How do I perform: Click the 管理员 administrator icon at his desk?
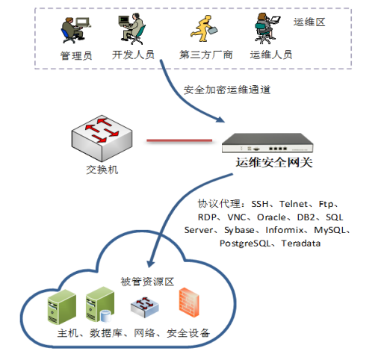(x=75, y=30)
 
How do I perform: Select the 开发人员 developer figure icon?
(x=132, y=28)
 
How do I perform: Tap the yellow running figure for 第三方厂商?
(x=204, y=28)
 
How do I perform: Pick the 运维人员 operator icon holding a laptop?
(x=267, y=28)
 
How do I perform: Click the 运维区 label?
(x=309, y=22)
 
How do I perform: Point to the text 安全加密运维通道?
(x=227, y=90)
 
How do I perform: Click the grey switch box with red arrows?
(x=102, y=138)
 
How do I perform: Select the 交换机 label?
(x=102, y=170)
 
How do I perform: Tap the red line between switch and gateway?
(x=179, y=140)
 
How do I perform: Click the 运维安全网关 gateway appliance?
(x=267, y=143)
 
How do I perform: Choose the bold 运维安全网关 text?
(x=274, y=163)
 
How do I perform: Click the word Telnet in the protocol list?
(x=294, y=204)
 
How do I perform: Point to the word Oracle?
(x=271, y=217)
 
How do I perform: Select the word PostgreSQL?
(x=245, y=243)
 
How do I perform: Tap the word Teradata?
(x=301, y=243)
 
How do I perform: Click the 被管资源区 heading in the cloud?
(x=147, y=282)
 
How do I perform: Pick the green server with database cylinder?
(x=100, y=305)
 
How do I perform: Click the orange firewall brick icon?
(x=189, y=302)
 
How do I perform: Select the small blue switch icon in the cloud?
(x=145, y=307)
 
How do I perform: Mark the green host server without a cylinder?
(x=62, y=307)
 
